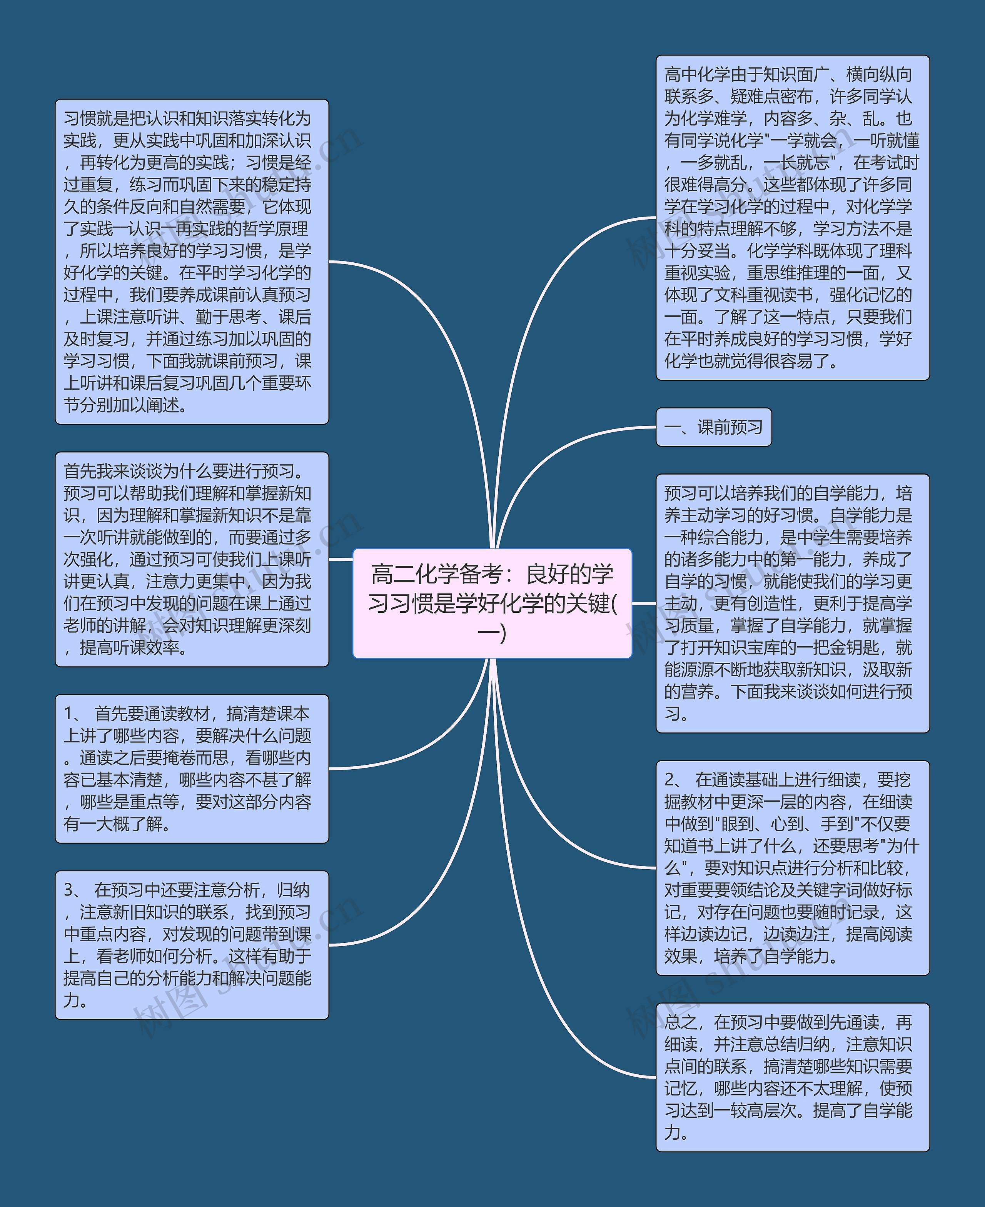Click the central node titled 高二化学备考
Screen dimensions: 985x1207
pyautogui.click(x=492, y=603)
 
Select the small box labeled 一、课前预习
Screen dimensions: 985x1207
pyautogui.click(x=713, y=427)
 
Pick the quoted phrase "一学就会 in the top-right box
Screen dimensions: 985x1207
pyautogui.click(x=801, y=141)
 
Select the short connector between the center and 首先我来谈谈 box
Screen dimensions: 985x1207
pyautogui.click(x=341, y=559)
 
